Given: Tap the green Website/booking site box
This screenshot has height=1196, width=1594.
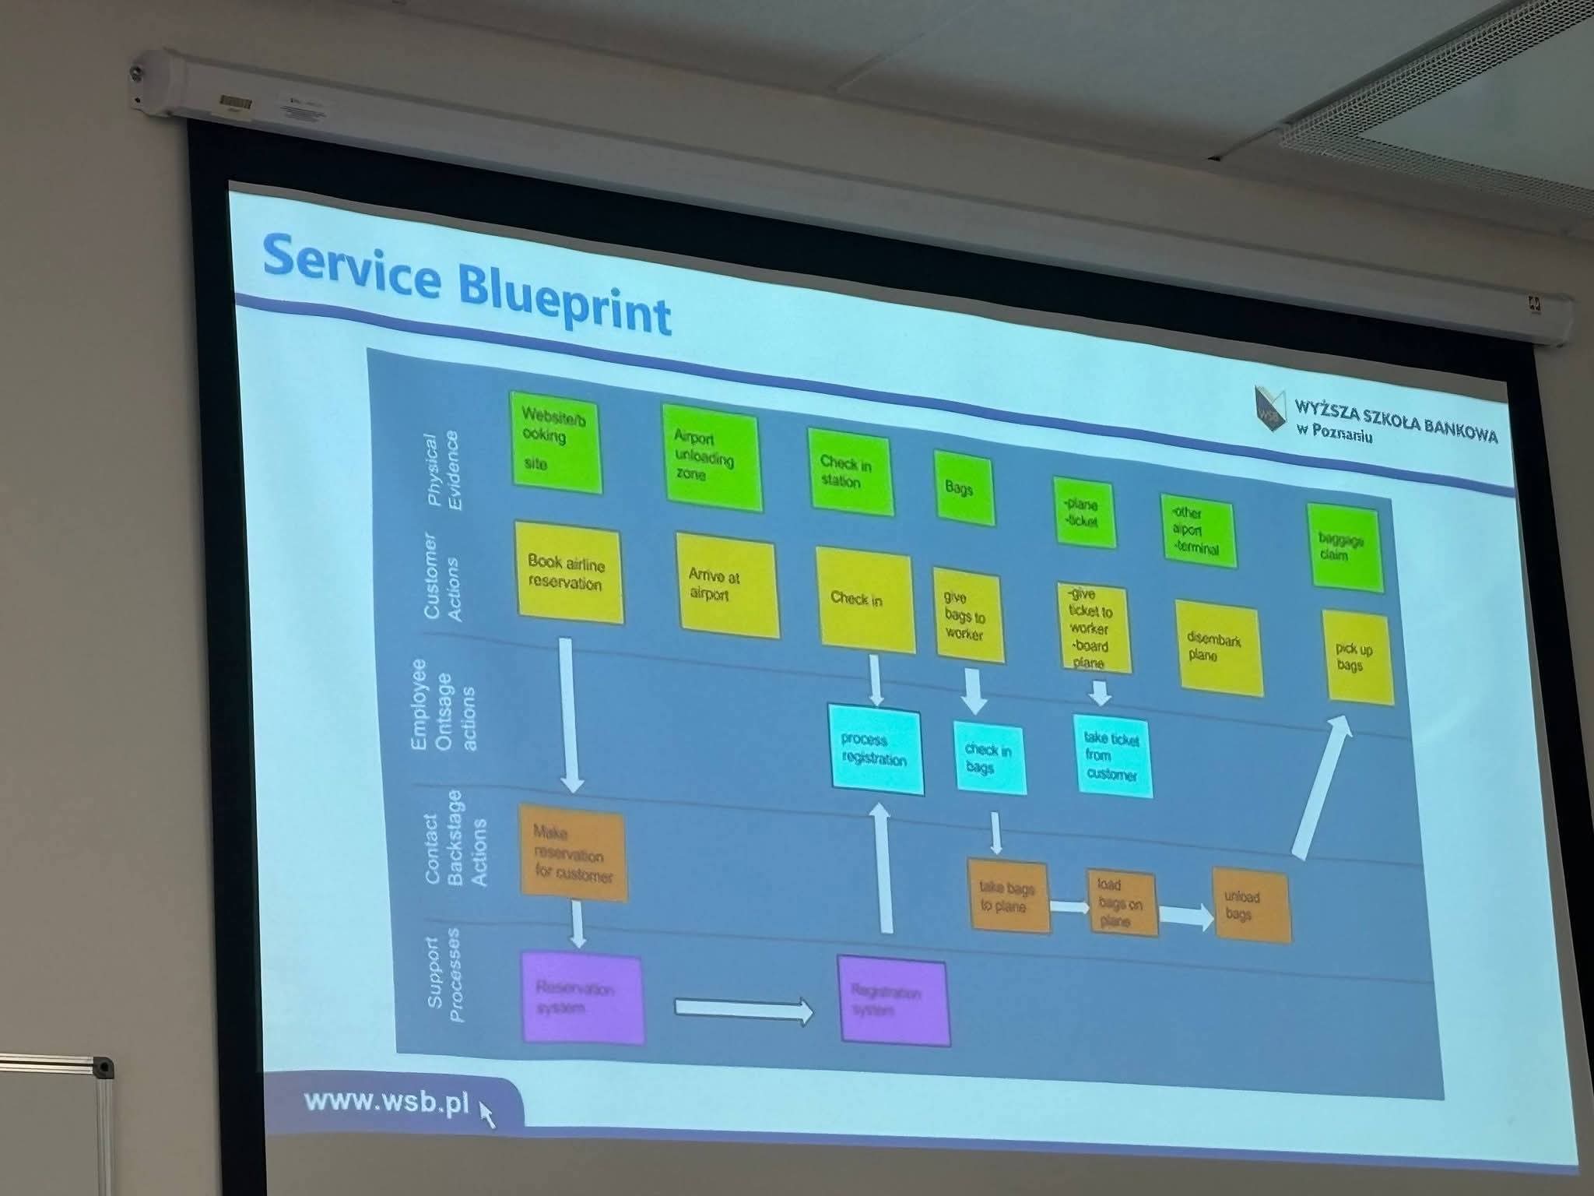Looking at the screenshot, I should (555, 441).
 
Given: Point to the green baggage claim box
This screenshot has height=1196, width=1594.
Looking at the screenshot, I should (1344, 547).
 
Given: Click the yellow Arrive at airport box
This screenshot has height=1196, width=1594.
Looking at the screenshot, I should (726, 586).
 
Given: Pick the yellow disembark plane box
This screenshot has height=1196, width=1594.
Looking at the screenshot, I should (1218, 648).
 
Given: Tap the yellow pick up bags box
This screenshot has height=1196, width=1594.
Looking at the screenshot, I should (1357, 658).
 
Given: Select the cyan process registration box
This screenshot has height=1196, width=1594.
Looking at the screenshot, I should (875, 750).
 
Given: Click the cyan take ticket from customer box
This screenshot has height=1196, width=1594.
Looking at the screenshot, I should (1111, 755).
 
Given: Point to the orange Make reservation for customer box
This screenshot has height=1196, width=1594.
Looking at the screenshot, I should (572, 853).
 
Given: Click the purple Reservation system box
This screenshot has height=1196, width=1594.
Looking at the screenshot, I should (582, 997).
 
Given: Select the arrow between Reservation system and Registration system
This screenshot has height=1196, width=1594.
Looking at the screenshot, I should (743, 1010).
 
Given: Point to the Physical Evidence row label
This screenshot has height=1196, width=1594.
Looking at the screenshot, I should (442, 470).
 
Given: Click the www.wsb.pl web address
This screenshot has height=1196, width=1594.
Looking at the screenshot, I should (387, 1101).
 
